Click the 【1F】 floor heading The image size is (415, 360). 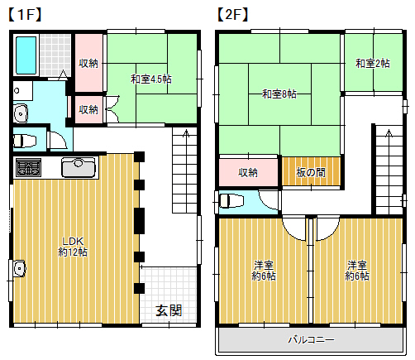point(25,14)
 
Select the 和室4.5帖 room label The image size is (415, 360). point(150,79)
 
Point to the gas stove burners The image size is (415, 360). point(27,168)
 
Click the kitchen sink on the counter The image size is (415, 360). point(79,167)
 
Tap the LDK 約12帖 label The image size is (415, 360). point(72,245)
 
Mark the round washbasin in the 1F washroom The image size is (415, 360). point(20,113)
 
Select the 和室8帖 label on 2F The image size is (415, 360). point(279,94)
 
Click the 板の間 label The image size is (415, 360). point(310,172)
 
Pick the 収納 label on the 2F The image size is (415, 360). point(248,172)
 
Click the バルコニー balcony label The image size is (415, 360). point(311,339)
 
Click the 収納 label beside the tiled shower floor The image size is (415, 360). point(88,63)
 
